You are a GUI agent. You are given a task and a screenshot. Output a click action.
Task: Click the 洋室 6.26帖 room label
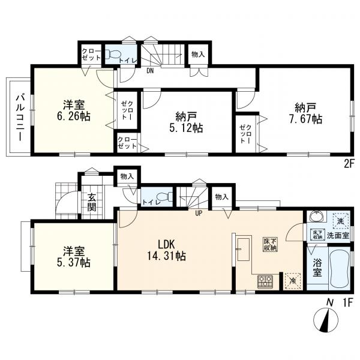[73, 110]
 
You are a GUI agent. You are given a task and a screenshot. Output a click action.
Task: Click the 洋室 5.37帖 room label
[73, 257]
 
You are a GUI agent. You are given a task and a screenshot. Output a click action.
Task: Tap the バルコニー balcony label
[19, 117]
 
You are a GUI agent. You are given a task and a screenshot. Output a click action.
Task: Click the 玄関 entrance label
[92, 202]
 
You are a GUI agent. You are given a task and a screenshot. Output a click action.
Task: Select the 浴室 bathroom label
[316, 266]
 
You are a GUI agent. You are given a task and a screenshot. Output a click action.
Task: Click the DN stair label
[150, 70]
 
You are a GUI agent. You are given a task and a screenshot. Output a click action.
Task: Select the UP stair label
[198, 211]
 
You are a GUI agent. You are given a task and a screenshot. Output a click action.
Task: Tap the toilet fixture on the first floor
[165, 197]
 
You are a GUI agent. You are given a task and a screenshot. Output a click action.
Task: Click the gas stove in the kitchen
[265, 281]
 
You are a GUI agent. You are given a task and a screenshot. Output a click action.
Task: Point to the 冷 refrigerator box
[292, 278]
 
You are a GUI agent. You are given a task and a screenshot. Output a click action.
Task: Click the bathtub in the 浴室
[340, 271]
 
